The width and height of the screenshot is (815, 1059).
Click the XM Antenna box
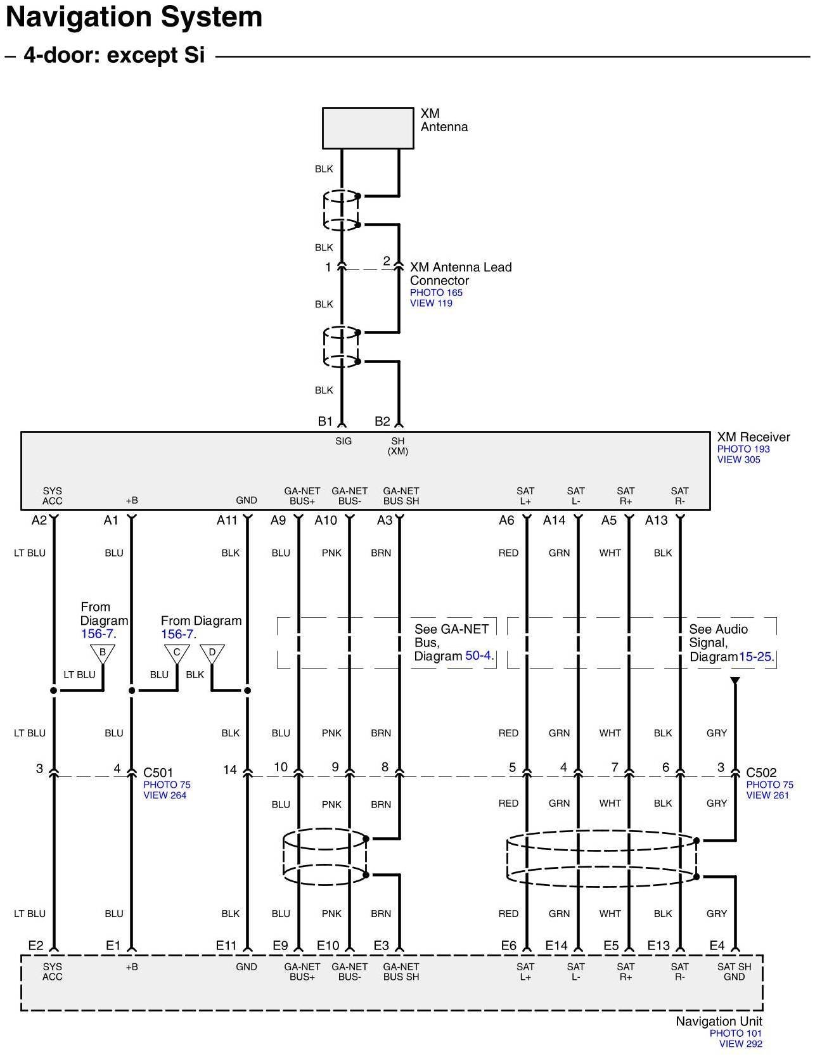[368, 128]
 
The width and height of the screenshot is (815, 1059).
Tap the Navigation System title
[134, 17]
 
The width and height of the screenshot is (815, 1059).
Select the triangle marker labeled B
[103, 653]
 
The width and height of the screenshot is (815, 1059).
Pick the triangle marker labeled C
[177, 653]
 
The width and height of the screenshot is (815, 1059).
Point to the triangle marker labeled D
[212, 653]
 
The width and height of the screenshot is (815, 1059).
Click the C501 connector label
[158, 773]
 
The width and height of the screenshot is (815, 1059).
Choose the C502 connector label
[761, 773]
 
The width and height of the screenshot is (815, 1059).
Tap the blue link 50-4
[479, 656]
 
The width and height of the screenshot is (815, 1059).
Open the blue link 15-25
[756, 657]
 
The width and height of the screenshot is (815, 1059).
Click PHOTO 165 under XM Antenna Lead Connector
[436, 293]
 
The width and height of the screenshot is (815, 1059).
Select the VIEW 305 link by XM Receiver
[738, 459]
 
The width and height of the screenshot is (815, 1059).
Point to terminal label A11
[227, 520]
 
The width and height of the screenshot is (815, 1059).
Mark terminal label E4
[717, 946]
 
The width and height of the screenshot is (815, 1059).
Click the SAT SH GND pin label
[734, 972]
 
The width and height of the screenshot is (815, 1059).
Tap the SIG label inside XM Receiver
[343, 441]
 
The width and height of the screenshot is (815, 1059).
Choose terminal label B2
[382, 421]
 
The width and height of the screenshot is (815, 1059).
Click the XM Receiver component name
[754, 437]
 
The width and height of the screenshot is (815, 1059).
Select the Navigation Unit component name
[719, 1022]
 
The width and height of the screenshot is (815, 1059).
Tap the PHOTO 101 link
[735, 1033]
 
